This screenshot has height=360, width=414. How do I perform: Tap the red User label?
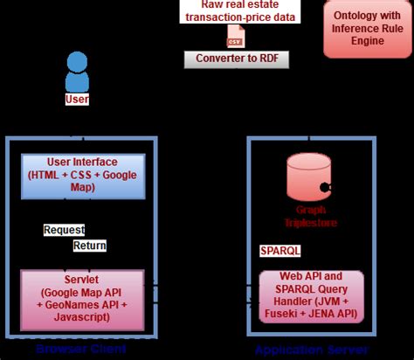coord(77,100)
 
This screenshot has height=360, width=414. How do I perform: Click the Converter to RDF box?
coord(235,59)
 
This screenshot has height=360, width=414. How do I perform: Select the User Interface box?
coord(80,175)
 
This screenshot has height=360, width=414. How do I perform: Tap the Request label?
coord(64,230)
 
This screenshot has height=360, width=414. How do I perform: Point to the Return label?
coord(89,246)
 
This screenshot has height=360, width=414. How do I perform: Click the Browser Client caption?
coord(80,349)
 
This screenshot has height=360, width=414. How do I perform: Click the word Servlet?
coord(80,280)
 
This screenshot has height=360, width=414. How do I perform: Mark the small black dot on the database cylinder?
coord(324,186)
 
